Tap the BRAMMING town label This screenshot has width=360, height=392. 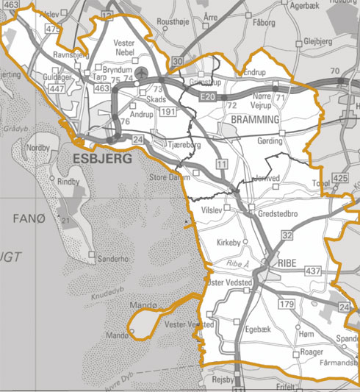click(x=255, y=118)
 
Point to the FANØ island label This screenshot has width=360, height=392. click(x=29, y=218)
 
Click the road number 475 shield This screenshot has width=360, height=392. click(x=51, y=28)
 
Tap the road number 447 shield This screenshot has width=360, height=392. click(x=54, y=88)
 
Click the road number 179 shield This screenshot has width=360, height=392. click(x=287, y=304)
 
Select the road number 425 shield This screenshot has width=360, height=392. click(x=339, y=179)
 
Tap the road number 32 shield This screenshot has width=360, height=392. click(x=287, y=235)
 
